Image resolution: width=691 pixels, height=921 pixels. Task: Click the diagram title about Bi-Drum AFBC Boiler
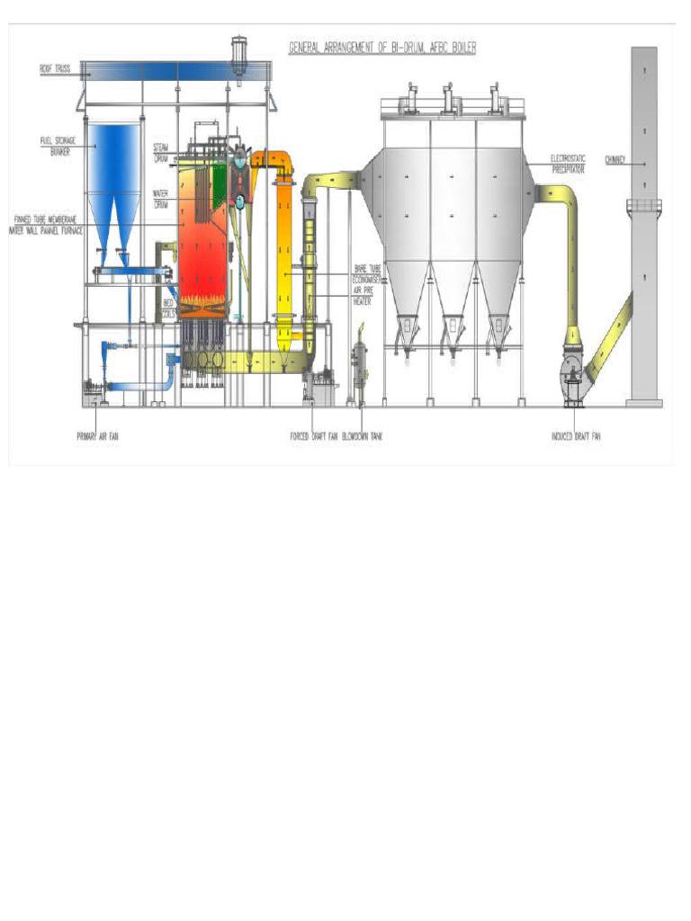[381, 48]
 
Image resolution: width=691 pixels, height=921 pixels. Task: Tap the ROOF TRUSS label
[54, 67]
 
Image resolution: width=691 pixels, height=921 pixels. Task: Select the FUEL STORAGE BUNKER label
[57, 145]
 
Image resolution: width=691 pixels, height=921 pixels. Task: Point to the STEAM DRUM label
[161, 152]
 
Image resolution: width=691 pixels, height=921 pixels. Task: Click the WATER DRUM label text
[161, 198]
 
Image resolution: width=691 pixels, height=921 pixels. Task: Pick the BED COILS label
[167, 308]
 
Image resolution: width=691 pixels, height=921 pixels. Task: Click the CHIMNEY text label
[615, 161]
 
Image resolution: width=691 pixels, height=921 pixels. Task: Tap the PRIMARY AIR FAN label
[96, 437]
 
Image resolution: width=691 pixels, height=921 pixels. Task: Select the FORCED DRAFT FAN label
[313, 437]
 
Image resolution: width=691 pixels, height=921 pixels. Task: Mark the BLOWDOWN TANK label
[362, 437]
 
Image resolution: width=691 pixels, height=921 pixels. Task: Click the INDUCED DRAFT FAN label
[576, 437]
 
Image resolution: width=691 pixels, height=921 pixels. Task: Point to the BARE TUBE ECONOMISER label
[366, 273]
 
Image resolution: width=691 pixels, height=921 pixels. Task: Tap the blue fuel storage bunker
[113, 171]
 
